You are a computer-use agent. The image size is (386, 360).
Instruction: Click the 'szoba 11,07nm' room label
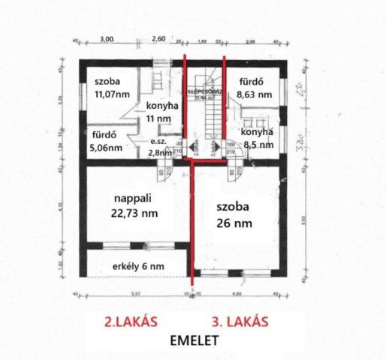[109, 88]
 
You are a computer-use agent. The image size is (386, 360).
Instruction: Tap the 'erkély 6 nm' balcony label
[124, 265]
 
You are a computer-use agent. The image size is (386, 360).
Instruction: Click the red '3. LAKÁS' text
[247, 321]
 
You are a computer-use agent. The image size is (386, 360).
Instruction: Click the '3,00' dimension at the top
[107, 38]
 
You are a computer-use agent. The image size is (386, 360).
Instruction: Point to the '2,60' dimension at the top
[158, 38]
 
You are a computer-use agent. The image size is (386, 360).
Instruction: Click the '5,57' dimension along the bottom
[134, 295]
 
